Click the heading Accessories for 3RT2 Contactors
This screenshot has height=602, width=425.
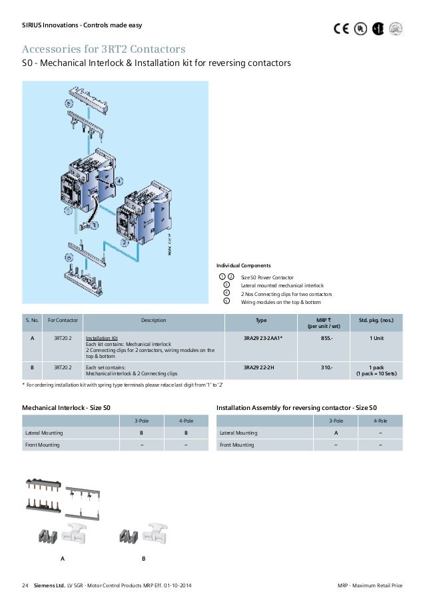pyautogui.click(x=104, y=49)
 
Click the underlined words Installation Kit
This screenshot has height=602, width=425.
pyautogui.click(x=101, y=338)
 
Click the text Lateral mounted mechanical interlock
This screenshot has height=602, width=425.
pyautogui.click(x=282, y=285)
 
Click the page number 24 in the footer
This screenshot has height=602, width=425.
pyautogui.click(x=25, y=586)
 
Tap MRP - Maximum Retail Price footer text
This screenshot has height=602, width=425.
pyautogui.click(x=370, y=586)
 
